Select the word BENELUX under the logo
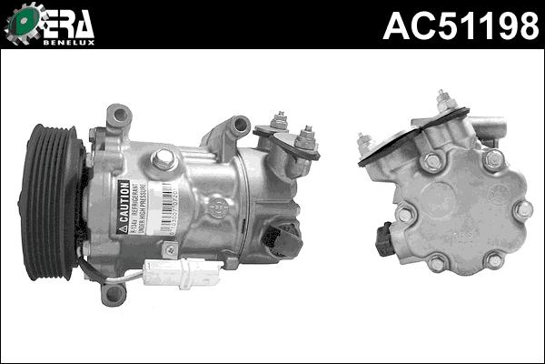[68, 41]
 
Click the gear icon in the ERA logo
[24, 24]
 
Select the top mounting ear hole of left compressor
[118, 116]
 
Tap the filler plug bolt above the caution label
[164, 160]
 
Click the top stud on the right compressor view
[445, 99]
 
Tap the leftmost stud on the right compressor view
[365, 143]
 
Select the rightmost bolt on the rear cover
[522, 209]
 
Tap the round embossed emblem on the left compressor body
[217, 207]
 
